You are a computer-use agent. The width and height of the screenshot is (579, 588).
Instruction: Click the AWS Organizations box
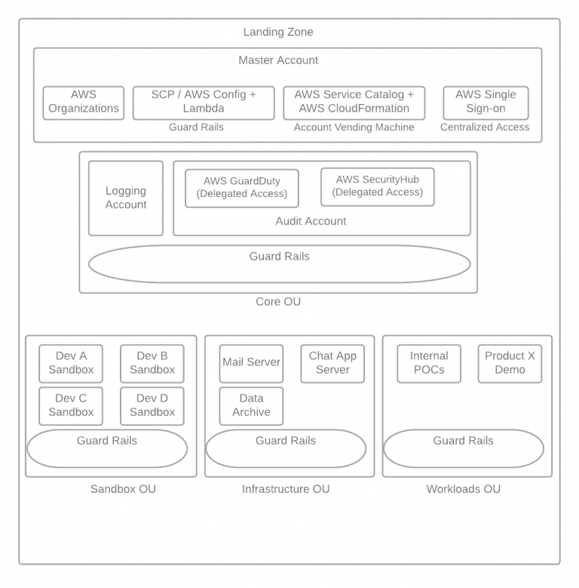click(83, 102)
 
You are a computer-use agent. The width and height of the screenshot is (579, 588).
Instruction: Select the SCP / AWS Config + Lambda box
click(204, 102)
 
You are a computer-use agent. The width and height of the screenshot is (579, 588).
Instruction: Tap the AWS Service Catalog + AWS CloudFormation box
click(354, 102)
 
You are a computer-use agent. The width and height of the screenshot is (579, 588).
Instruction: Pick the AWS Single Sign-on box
click(486, 102)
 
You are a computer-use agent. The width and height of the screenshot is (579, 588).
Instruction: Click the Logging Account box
click(126, 198)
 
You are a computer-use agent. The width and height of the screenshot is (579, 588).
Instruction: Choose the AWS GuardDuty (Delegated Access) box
click(242, 188)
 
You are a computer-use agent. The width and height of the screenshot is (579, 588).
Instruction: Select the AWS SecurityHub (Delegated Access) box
click(377, 186)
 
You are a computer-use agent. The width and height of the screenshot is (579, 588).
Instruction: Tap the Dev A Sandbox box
click(71, 363)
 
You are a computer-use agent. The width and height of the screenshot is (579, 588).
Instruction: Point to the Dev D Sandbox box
click(152, 405)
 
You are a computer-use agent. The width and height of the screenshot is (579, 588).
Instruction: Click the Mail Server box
click(251, 363)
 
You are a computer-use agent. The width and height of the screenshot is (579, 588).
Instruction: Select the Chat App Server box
click(332, 363)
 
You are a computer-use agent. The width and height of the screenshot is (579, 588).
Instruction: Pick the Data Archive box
click(251, 405)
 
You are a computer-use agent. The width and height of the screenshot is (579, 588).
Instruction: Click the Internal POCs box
click(429, 363)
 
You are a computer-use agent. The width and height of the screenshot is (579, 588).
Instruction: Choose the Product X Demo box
click(510, 363)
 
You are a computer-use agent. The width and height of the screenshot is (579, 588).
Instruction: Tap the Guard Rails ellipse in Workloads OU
click(463, 448)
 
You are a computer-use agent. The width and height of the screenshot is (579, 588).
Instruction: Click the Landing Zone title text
click(278, 32)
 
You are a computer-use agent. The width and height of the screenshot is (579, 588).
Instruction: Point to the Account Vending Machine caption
click(354, 128)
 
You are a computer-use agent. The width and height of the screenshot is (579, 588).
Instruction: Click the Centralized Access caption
click(485, 128)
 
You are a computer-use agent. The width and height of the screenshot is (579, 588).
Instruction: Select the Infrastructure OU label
click(286, 489)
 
